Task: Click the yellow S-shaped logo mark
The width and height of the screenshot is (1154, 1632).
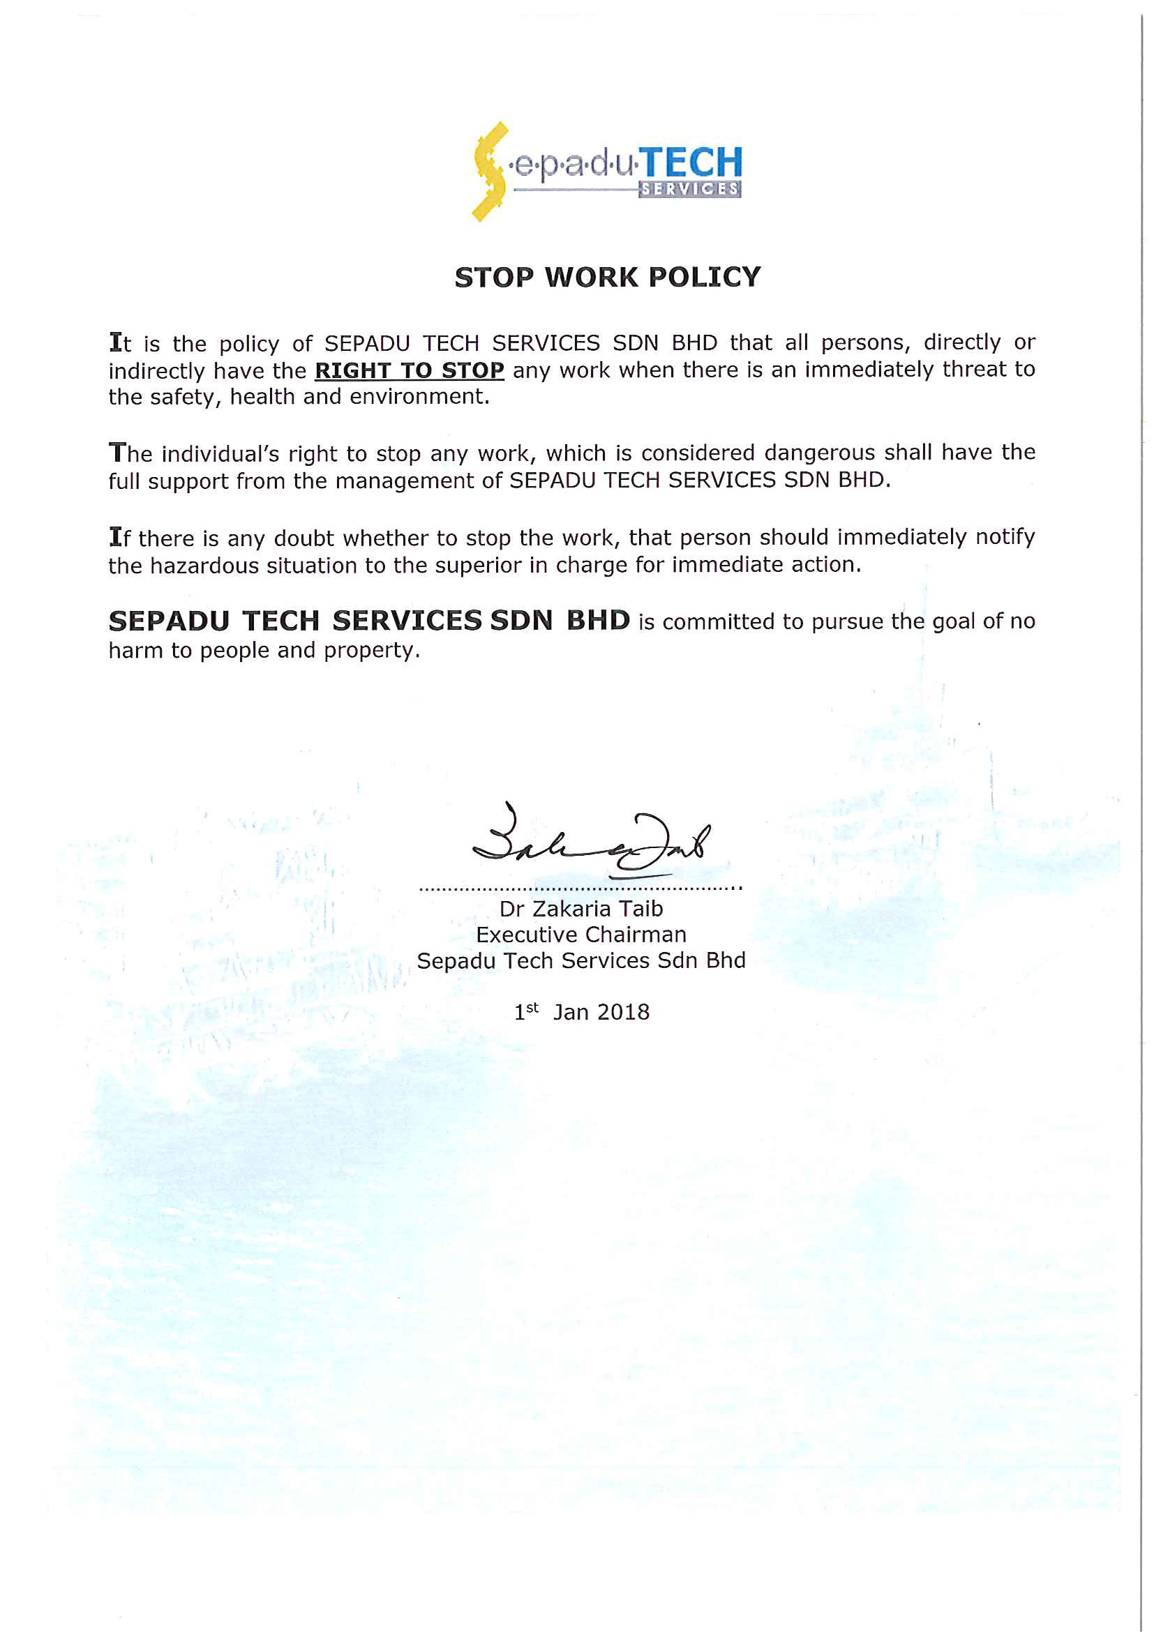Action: [489, 172]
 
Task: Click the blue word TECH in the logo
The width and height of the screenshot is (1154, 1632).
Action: [693, 163]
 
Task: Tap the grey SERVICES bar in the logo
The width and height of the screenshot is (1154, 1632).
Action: [689, 189]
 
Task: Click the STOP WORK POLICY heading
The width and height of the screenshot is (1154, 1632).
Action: [608, 277]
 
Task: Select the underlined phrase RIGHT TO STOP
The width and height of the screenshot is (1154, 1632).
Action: [410, 370]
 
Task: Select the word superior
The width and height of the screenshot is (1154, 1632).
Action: [479, 566]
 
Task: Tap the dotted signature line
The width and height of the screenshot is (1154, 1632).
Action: [580, 889]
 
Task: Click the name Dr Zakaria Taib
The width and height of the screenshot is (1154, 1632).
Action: [581, 909]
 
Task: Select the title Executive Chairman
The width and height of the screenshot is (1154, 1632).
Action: [581, 935]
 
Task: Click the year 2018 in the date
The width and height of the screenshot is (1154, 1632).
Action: [624, 1012]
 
